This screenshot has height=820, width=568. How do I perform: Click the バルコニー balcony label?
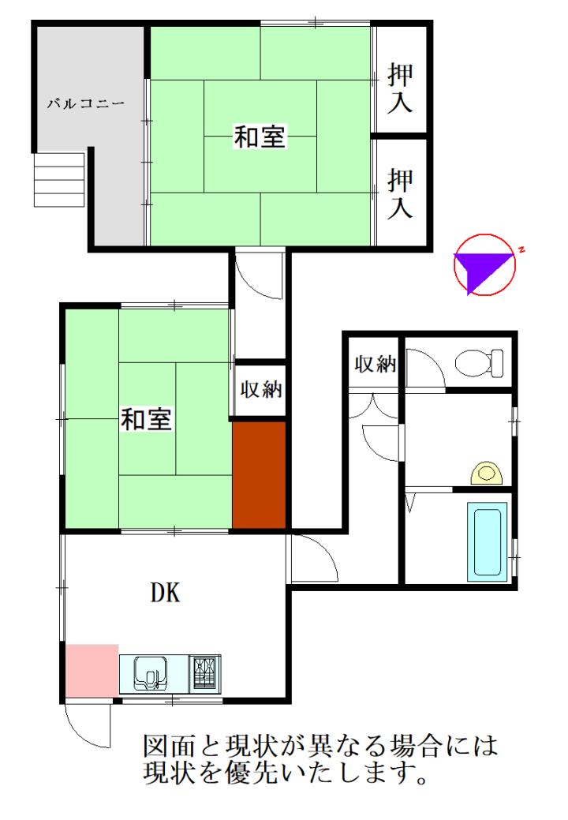click(x=86, y=103)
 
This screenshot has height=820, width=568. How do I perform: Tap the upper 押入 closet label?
click(x=400, y=88)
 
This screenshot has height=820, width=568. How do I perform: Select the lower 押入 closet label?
click(x=400, y=193)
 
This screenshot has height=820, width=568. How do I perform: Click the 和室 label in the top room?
click(x=260, y=137)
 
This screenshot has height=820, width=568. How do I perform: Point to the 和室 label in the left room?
click(x=146, y=419)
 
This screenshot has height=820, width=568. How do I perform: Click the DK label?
click(x=166, y=593)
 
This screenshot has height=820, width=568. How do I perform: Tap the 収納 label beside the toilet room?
click(x=376, y=364)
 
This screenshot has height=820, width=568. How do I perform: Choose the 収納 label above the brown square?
click(x=261, y=389)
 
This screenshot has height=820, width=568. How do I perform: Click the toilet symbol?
click(x=479, y=364)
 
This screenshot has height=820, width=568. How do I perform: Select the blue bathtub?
click(x=487, y=541)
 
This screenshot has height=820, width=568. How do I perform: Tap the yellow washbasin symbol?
click(x=487, y=474)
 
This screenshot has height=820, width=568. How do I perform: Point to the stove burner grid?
click(x=204, y=672)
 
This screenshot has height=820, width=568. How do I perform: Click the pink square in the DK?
click(x=92, y=670)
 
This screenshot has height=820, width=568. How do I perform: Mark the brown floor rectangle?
click(x=260, y=475)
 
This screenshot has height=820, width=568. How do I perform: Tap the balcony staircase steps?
click(x=59, y=179)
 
